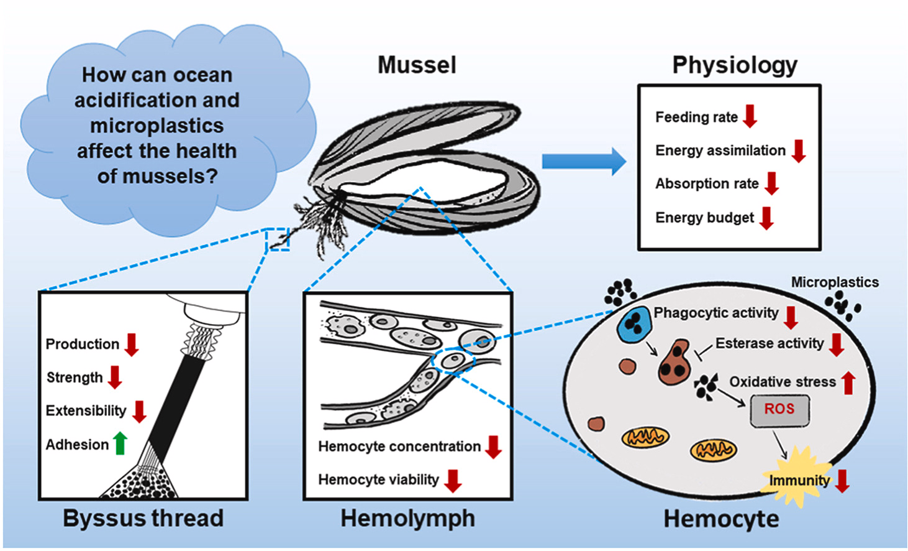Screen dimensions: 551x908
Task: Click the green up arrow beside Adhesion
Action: [120, 443]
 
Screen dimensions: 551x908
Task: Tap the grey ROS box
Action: [779, 410]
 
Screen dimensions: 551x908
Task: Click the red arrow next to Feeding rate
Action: [750, 116]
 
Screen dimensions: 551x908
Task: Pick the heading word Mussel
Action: [417, 65]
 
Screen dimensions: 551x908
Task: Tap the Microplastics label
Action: [834, 282]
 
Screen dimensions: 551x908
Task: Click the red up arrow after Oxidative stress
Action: [849, 382]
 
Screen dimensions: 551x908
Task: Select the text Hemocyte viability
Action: [378, 480]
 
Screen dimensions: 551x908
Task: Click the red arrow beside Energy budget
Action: [767, 218]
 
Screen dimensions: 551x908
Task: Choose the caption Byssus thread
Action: [143, 519]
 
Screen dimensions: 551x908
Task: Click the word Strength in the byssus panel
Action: [75, 377]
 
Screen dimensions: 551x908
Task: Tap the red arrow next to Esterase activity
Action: [837, 344]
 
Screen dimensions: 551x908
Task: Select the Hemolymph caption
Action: [407, 519]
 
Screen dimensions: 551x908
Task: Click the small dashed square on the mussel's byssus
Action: [278, 239]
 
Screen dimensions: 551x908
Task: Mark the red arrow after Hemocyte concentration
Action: [494, 447]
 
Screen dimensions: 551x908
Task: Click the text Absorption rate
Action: [707, 184]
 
